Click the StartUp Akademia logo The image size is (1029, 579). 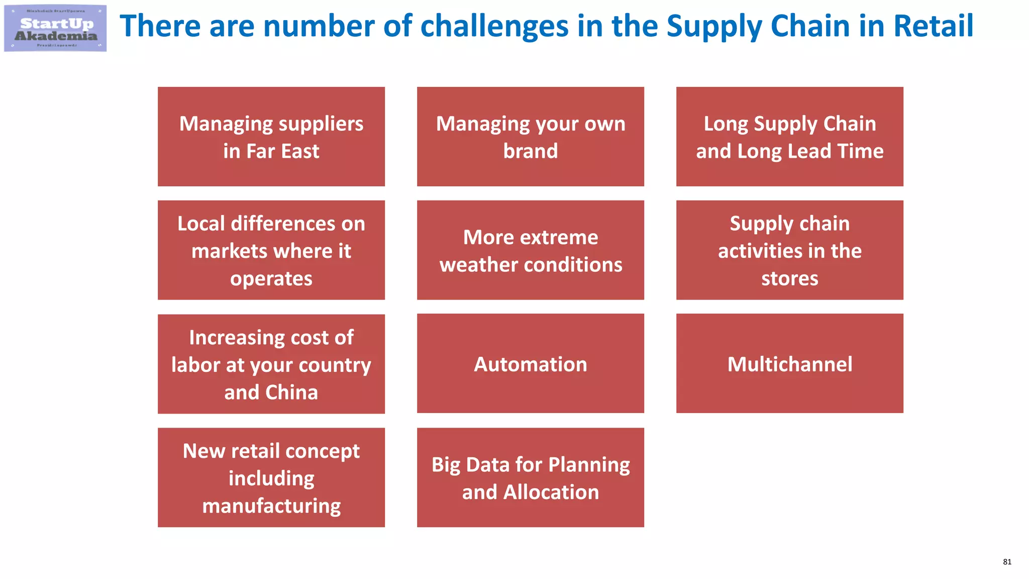pyautogui.click(x=55, y=28)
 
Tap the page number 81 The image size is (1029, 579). pyautogui.click(x=1007, y=562)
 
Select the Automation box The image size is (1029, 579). pyautogui.click(x=531, y=364)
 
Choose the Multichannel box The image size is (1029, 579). pyautogui.click(x=790, y=364)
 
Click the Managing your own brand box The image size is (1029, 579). pyautogui.click(x=531, y=137)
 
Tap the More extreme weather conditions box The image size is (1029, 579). pyautogui.click(x=531, y=250)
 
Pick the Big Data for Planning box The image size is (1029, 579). pyautogui.click(x=531, y=477)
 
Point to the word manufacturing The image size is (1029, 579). pyautogui.click(x=271, y=506)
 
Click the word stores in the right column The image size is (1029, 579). pyautogui.click(x=790, y=278)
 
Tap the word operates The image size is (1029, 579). pyautogui.click(x=271, y=278)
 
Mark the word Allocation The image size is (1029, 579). pyautogui.click(x=551, y=492)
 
